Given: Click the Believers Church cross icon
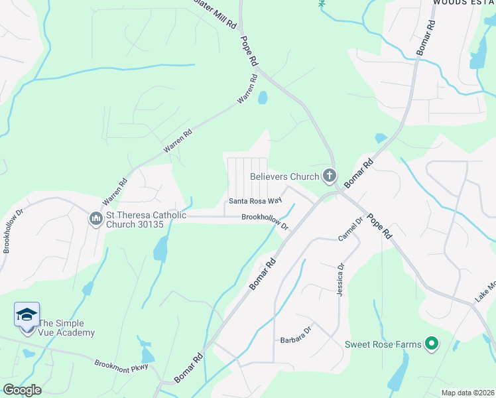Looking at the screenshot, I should point(329,176).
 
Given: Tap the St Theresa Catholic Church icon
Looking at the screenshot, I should point(95,218).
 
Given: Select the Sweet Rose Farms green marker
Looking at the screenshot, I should point(431,344).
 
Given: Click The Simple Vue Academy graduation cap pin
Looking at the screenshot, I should point(27,315).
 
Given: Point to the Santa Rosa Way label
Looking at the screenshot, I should point(255,200).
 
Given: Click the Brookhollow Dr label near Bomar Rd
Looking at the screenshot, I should point(265,221).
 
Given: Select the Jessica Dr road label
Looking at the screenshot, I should point(340,279).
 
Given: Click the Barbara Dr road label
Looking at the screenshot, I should point(295,333).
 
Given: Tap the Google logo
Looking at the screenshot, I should point(22,389).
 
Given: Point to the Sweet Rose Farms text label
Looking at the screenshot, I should point(383,344).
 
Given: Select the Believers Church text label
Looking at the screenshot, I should point(284,177).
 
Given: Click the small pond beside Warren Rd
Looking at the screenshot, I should point(263,98).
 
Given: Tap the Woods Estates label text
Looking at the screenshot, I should point(464,3).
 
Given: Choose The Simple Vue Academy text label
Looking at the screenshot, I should point(66,328).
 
